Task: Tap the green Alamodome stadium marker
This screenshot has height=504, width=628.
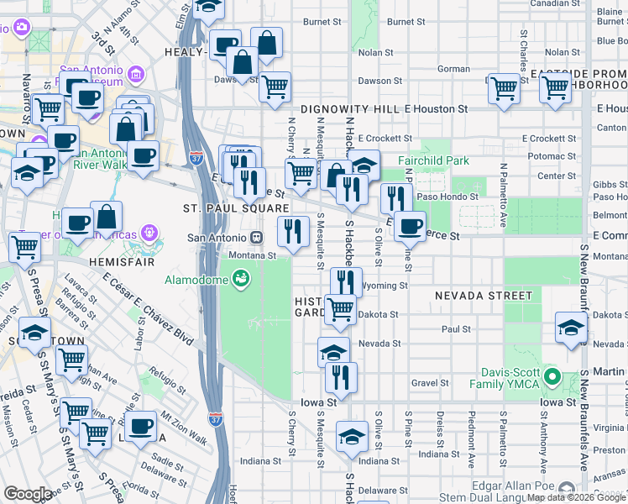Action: pos(242,277)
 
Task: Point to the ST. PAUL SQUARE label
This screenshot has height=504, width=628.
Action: pos(236,208)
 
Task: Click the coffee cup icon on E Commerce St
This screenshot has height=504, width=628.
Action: pos(410,224)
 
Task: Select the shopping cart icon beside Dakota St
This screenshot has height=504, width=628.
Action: pos(340,308)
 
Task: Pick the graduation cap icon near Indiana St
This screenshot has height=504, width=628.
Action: pos(353,437)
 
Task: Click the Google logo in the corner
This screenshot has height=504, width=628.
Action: pos(28,494)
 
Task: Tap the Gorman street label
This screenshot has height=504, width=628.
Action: pos(453,69)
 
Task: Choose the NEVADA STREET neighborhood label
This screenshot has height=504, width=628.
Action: pos(483,296)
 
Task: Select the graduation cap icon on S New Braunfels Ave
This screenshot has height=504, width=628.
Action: pos(571,328)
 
